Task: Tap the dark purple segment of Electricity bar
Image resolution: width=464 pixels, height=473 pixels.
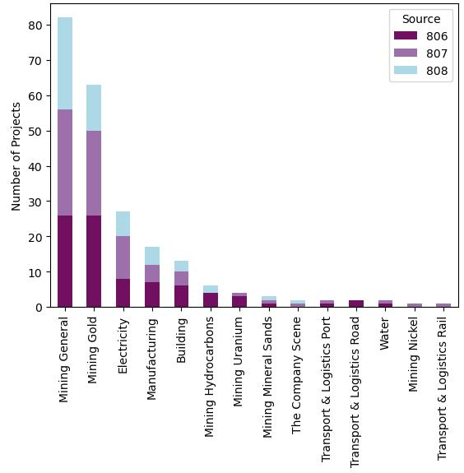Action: point(123,293)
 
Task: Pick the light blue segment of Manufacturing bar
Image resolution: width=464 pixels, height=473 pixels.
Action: point(152,256)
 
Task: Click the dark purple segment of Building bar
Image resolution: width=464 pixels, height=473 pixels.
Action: point(181,296)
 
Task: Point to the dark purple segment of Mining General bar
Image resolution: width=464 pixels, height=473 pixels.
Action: point(65,261)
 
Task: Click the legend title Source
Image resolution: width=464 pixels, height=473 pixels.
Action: point(420,19)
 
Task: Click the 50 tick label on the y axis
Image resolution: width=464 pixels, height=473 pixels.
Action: point(35,131)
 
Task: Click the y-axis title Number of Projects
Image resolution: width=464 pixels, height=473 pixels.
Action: point(16,155)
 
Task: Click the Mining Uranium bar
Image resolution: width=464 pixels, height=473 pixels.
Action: point(239,300)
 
